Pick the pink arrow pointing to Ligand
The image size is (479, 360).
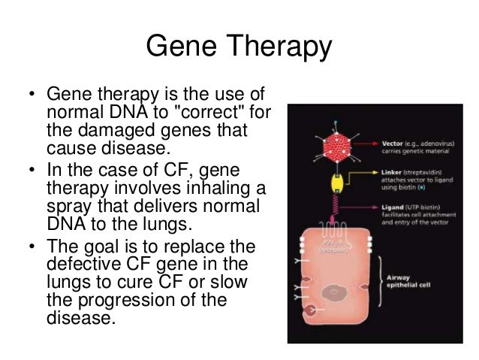[368, 208]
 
